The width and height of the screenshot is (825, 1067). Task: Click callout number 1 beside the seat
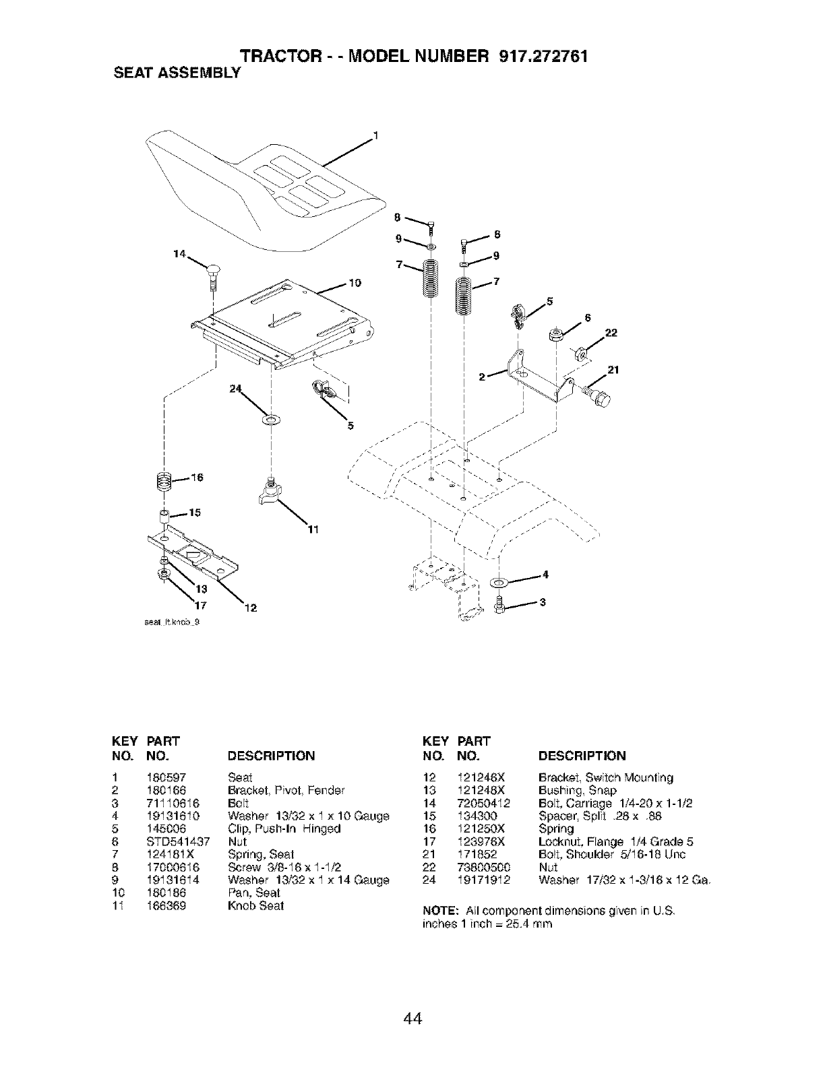coord(375,133)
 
